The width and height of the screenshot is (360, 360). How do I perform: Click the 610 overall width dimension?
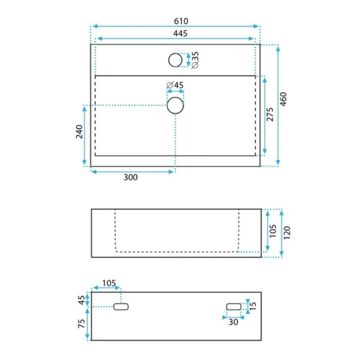tap(181, 21)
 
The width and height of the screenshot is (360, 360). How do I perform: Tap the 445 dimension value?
tap(180, 33)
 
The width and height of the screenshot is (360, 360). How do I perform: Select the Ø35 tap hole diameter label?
tap(195, 60)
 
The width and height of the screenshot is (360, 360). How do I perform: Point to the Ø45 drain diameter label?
tap(175, 85)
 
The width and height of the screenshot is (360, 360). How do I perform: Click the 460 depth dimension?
tap(283, 99)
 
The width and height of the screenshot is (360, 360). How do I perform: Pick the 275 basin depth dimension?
tap(270, 114)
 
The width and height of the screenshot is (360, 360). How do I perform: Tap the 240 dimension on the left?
tap(79, 131)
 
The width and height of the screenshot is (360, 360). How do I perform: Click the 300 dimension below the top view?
tap(130, 177)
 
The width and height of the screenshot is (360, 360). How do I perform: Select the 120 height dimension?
tap(287, 233)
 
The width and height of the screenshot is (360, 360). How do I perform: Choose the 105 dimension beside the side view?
tap(273, 231)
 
